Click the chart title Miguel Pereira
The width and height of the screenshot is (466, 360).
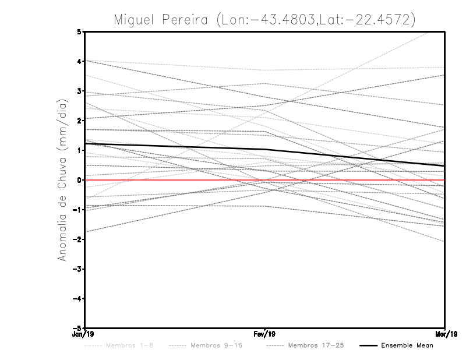264,19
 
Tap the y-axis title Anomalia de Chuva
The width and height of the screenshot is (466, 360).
62,180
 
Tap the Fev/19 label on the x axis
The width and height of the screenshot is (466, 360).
265,334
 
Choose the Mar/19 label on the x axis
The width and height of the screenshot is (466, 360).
444,334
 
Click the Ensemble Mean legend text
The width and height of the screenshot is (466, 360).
407,346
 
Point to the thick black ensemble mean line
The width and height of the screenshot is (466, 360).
175,146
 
